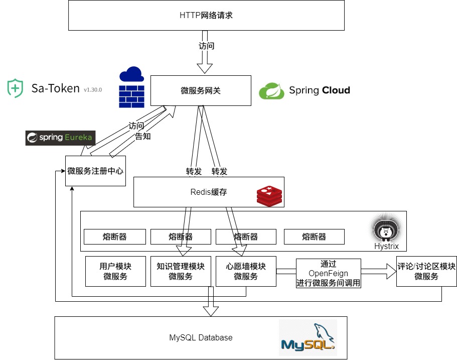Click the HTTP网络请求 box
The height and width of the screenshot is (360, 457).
[x=206, y=16]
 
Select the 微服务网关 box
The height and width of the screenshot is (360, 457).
[x=201, y=91]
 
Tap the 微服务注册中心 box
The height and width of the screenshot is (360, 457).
[x=95, y=171]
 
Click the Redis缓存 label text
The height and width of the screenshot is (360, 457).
[x=209, y=192]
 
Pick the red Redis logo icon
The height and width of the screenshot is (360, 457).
[x=269, y=195]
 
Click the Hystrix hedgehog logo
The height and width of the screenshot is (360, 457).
[x=386, y=230]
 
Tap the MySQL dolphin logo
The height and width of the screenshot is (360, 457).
[x=308, y=337]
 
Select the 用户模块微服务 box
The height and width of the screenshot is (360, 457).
[x=115, y=272]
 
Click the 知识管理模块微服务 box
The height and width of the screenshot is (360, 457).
[x=181, y=272]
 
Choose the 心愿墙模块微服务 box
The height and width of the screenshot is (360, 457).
[x=246, y=272]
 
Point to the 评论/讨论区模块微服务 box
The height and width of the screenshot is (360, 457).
[x=426, y=272]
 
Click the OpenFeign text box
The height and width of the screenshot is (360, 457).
[x=329, y=273]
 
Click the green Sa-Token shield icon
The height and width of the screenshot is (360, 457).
[x=15, y=88]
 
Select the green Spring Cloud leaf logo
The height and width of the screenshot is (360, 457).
[x=272, y=91]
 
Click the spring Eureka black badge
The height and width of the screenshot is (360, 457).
[x=60, y=138]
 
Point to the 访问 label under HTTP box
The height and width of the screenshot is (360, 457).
[x=206, y=46]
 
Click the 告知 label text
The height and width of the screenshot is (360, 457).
[x=143, y=136]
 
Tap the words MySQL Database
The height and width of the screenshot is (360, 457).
[x=201, y=337]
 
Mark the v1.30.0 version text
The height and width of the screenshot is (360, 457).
[x=93, y=90]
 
